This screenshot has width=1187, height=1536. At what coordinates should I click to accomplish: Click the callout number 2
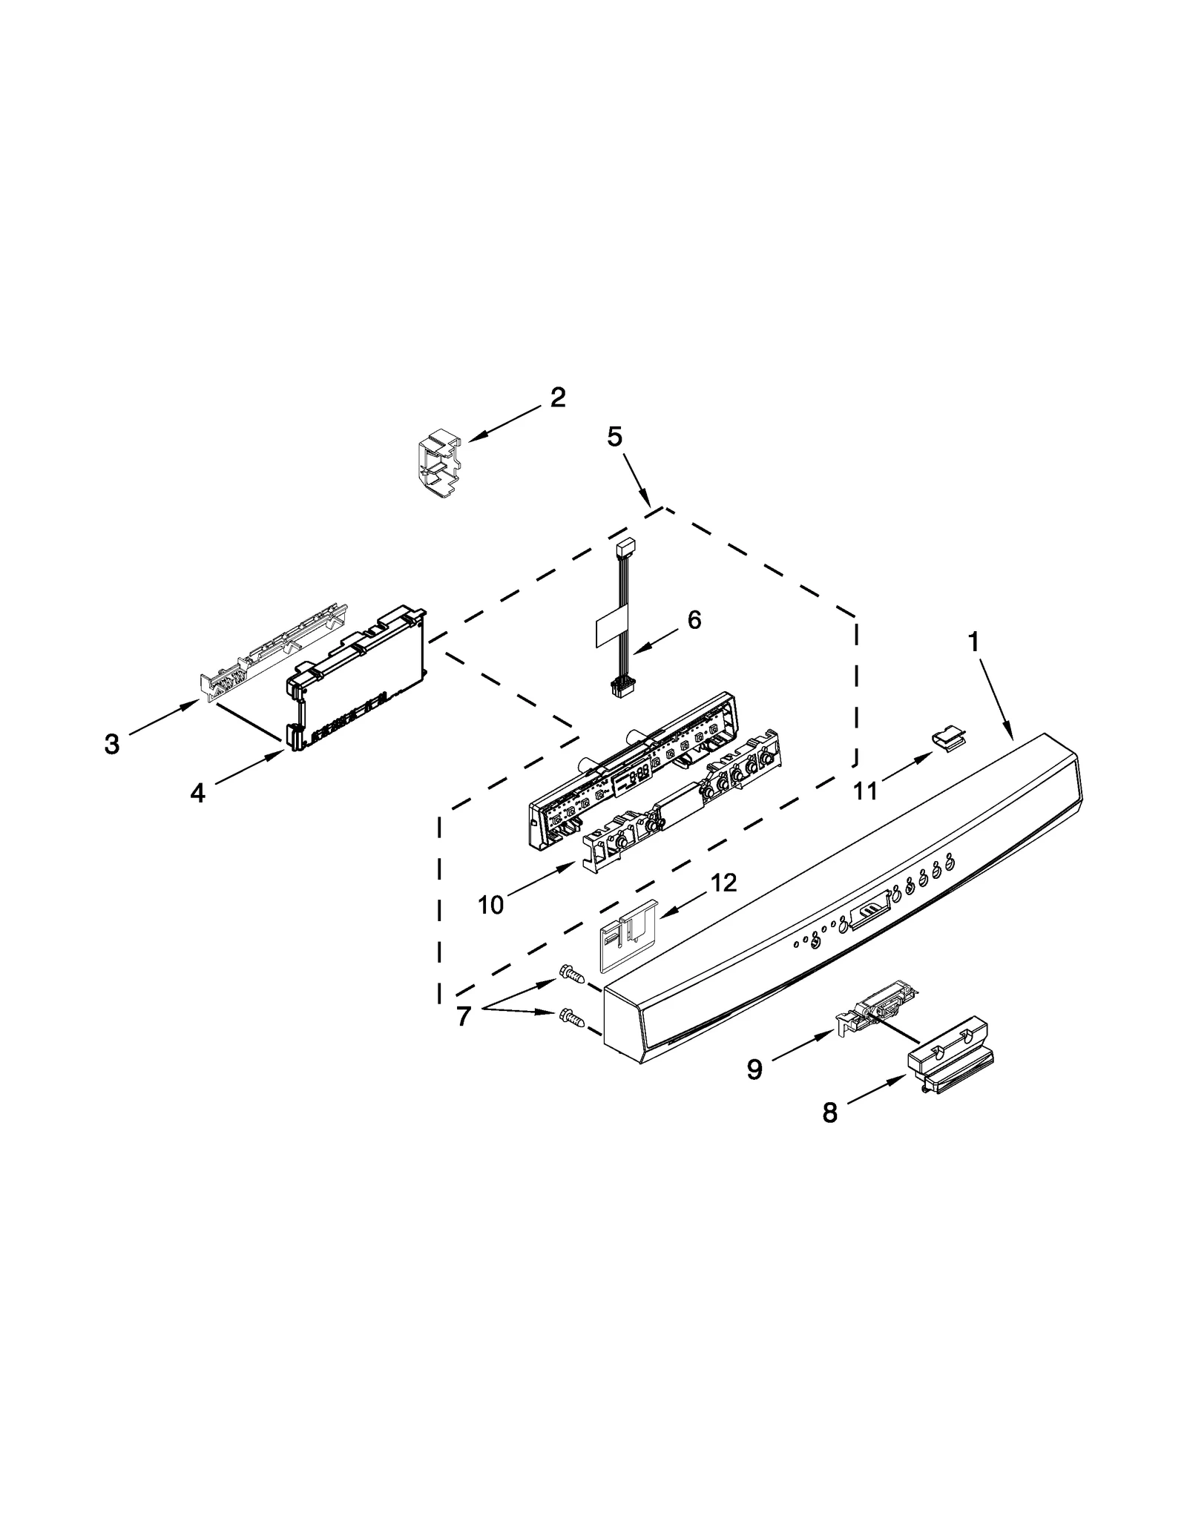coord(558,398)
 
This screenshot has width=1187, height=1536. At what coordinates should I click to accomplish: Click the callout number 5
coord(614,437)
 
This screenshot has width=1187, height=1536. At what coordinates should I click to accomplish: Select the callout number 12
coord(723,883)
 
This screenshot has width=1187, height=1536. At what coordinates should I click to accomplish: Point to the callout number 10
coord(490,904)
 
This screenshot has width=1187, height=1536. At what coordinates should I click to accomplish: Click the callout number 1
coord(974,642)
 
